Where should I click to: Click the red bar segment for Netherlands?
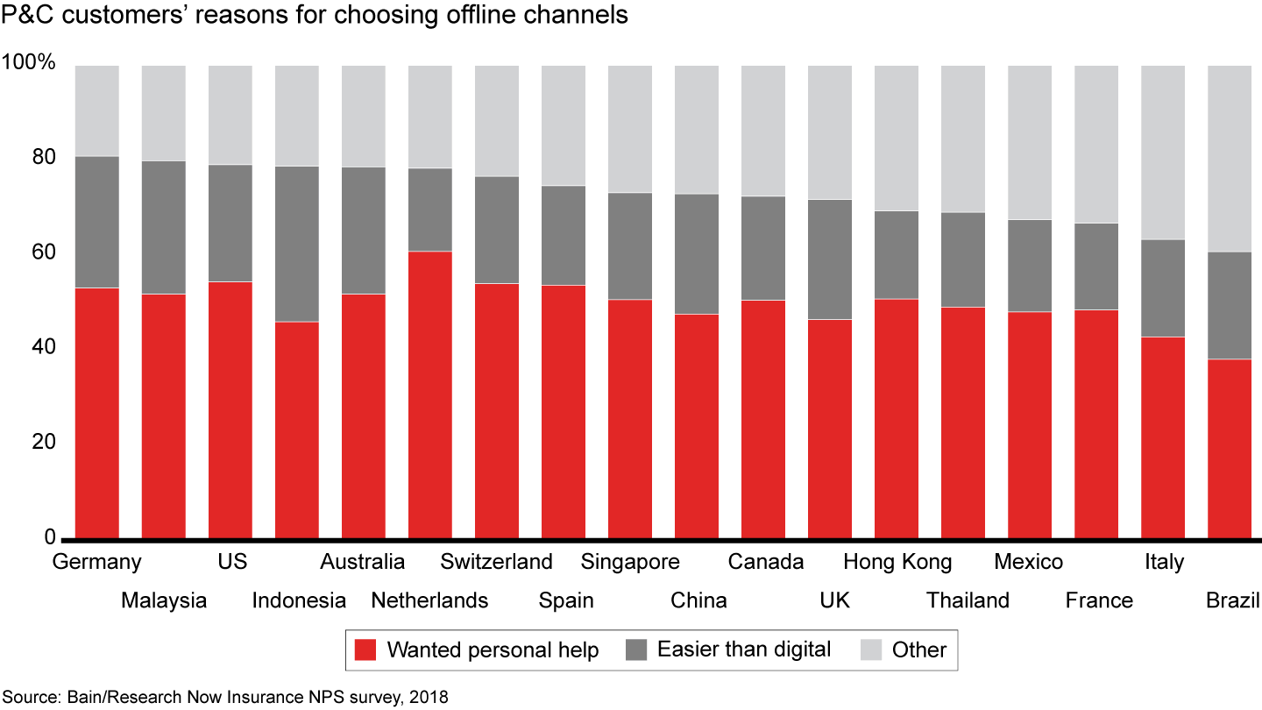pos(430,394)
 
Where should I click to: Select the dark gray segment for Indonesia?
pos(297,244)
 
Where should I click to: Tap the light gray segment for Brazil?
pos(1230,158)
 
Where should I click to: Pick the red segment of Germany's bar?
pos(97,412)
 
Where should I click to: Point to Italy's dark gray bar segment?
pos(1163,288)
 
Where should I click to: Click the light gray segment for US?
pos(230,114)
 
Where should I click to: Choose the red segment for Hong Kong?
pos(897,418)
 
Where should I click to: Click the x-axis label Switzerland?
pos(497,562)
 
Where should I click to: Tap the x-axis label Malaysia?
pos(164,600)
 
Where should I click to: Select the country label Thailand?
pos(968,600)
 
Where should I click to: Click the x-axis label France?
pos(1099,600)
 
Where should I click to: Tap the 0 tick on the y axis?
pos(50,536)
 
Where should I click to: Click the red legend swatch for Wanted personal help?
pos(365,650)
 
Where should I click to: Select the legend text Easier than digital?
pos(744,650)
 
